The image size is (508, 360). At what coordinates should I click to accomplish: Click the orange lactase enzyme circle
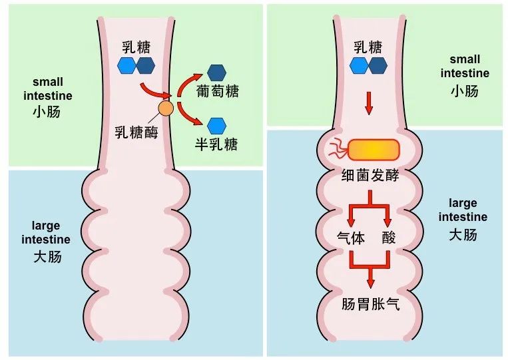(x=166, y=108)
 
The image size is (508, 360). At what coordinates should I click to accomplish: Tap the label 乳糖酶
(x=136, y=132)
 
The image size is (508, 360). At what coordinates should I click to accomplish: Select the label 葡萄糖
(x=218, y=91)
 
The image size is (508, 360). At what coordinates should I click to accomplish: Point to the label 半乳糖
(x=216, y=144)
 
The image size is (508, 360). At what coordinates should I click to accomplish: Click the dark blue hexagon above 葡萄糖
(x=216, y=73)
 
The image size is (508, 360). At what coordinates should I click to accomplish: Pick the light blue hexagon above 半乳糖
(x=216, y=126)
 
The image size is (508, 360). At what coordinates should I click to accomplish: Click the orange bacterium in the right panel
(x=374, y=150)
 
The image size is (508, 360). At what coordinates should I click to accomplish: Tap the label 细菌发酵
(x=370, y=175)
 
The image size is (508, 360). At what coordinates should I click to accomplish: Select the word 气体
(x=351, y=238)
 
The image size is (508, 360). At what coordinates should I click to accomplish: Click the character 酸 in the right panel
(x=389, y=238)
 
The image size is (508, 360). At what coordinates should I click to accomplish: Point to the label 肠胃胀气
(x=370, y=304)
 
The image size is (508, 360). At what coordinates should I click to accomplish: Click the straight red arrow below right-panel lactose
(x=368, y=103)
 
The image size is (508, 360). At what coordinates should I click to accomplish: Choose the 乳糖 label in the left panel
(x=136, y=47)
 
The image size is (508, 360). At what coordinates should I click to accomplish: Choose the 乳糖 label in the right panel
(x=368, y=47)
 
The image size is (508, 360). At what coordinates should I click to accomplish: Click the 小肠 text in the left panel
(x=47, y=112)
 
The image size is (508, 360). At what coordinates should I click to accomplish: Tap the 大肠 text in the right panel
(x=463, y=234)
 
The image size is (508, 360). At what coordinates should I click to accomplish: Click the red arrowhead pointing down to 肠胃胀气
(x=370, y=282)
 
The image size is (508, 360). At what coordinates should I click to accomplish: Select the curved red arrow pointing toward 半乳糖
(x=188, y=114)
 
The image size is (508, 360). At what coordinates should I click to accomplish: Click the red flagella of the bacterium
(x=339, y=149)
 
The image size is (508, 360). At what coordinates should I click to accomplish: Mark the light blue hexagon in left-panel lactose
(x=127, y=66)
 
